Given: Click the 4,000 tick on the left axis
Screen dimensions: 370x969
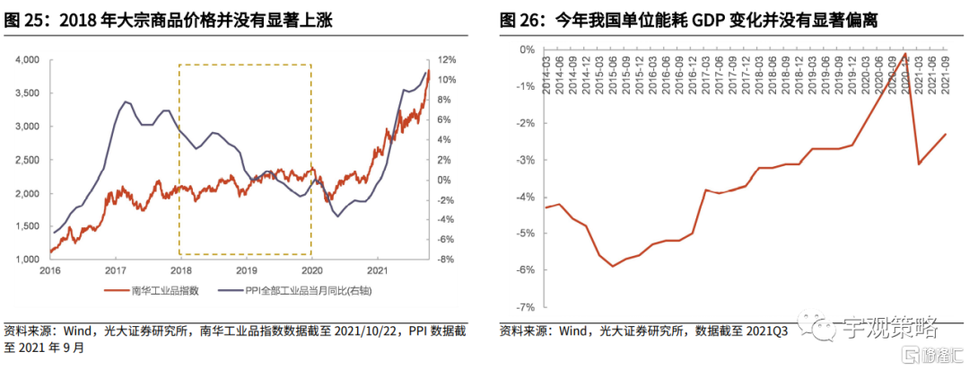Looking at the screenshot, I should click(27, 60).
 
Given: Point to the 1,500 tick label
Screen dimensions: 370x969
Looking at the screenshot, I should click(27, 227).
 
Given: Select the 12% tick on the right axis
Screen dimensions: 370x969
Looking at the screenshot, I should click(448, 60).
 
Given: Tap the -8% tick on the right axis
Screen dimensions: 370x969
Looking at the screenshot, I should click(448, 260).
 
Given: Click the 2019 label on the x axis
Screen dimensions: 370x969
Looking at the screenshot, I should click(247, 269).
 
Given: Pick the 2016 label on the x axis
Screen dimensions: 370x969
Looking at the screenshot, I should click(49, 269).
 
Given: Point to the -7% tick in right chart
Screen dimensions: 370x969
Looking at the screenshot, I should click(522, 306).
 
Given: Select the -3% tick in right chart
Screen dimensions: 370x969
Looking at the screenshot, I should click(522, 160).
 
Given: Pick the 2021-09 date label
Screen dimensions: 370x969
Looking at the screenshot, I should click(946, 67).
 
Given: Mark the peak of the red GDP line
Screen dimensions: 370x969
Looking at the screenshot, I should click(904, 53).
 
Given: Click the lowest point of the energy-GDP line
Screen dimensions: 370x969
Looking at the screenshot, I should click(613, 266).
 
